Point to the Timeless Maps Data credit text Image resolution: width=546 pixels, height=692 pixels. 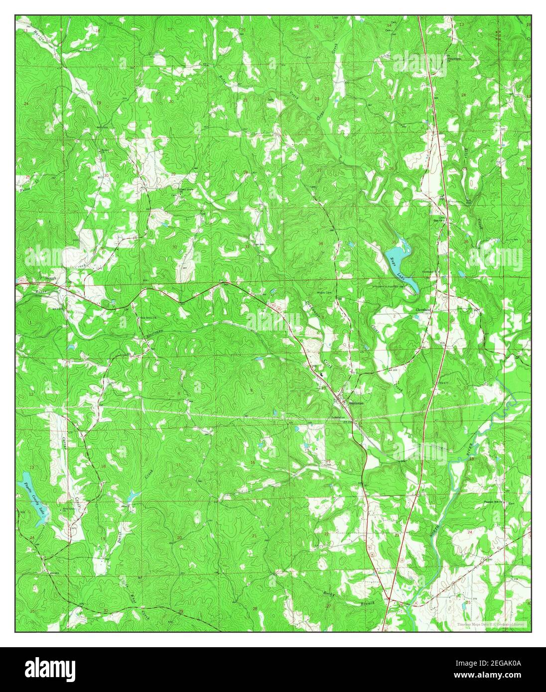click(491, 624)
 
